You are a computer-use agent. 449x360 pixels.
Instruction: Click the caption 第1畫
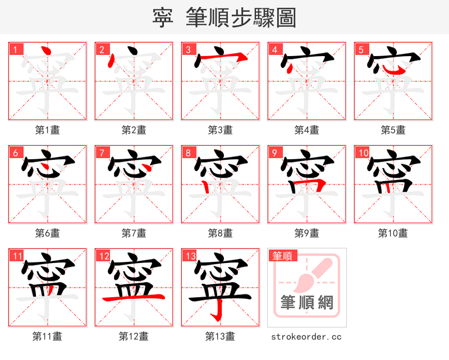click(x=48, y=130)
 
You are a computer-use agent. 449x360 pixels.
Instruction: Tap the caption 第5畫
click(x=393, y=130)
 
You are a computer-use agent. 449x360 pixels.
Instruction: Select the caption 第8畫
click(x=220, y=233)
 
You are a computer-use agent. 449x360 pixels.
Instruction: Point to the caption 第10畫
click(x=393, y=233)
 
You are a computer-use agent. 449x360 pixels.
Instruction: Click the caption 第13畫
click(x=220, y=336)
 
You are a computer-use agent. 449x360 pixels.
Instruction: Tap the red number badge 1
click(x=15, y=49)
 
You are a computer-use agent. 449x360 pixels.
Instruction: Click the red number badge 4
click(x=274, y=49)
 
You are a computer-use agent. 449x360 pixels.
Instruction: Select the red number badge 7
click(x=102, y=153)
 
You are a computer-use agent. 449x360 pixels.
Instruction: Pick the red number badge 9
click(x=274, y=153)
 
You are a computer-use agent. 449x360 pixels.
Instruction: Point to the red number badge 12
click(x=103, y=256)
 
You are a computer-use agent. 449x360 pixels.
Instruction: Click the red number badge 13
click(x=189, y=256)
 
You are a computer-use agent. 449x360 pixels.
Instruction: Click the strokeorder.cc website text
click(x=306, y=337)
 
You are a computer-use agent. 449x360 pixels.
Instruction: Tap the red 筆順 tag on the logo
click(x=282, y=256)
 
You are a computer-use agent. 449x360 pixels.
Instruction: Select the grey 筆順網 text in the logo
click(x=307, y=303)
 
